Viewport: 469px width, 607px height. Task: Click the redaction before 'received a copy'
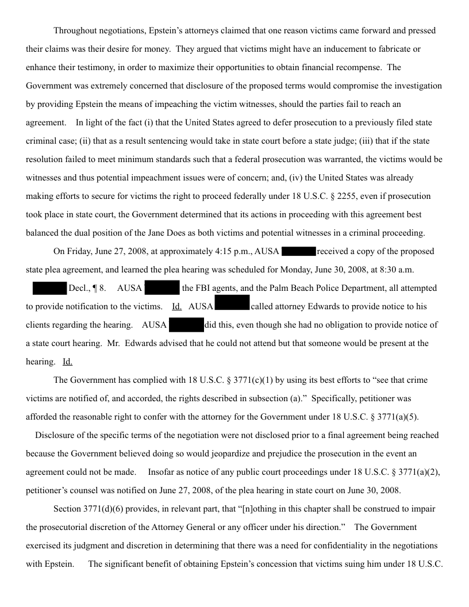click(299, 251)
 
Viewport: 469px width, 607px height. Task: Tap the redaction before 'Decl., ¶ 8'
click(49, 288)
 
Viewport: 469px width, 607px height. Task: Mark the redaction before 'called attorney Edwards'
click(232, 306)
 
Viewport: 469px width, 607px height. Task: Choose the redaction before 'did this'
click(186, 325)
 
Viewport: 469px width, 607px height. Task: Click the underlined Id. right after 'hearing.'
click(67, 362)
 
